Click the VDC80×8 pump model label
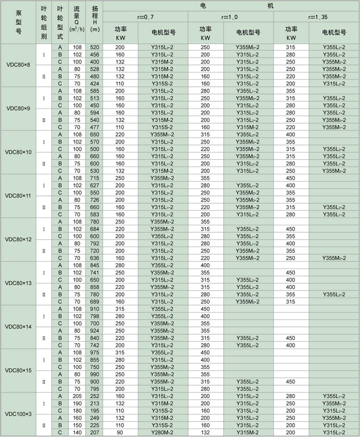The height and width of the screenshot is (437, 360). (x=18, y=65)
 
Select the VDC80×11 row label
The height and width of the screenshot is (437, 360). (x=18, y=196)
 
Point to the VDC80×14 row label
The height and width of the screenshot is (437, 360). (x=18, y=326)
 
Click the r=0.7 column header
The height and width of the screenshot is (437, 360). (x=146, y=17)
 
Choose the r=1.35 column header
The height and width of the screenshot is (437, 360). (x=316, y=17)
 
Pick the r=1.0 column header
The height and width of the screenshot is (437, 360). (x=231, y=17)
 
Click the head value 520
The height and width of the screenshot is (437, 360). (x=94, y=47)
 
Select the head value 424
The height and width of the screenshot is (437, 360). (x=94, y=83)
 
